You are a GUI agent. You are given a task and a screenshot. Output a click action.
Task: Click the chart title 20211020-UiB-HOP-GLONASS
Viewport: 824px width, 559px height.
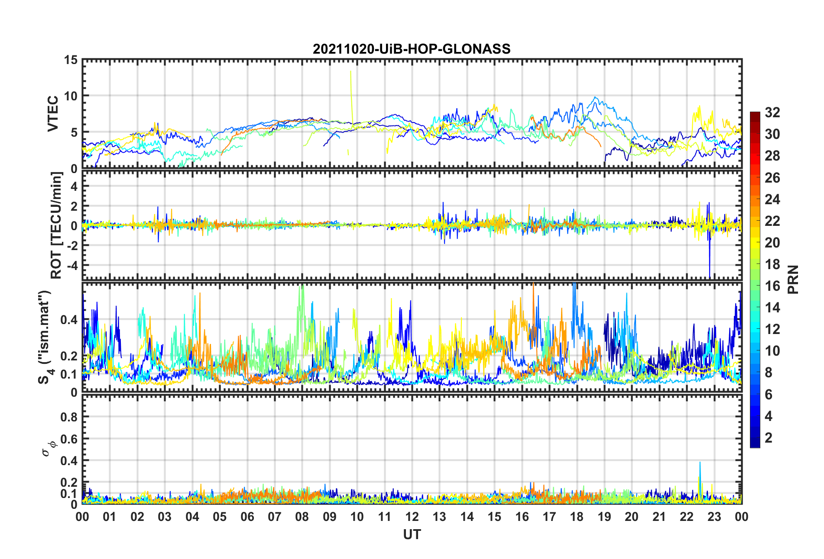coord(412,49)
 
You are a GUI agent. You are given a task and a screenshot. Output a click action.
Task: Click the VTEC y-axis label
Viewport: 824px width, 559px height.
coord(53,114)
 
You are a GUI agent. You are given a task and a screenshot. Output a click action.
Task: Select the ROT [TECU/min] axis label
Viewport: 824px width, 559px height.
coord(56,225)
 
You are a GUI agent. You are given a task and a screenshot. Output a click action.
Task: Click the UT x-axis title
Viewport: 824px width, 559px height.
coord(412,535)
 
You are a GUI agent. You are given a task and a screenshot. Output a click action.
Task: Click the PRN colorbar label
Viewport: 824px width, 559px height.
coord(793,279)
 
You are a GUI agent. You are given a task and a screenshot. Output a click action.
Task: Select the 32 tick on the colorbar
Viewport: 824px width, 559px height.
coord(772,112)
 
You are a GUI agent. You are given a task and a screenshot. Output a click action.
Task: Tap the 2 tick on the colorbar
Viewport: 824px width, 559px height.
coord(769,437)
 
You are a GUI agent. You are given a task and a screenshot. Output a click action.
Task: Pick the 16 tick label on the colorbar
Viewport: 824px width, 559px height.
coord(772,286)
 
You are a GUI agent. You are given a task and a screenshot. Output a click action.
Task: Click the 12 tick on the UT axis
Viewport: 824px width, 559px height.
coord(412,517)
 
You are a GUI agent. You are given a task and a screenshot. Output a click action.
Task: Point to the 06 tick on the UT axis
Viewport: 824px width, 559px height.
coord(247,517)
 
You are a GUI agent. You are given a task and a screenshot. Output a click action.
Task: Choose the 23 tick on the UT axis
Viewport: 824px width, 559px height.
coord(714,517)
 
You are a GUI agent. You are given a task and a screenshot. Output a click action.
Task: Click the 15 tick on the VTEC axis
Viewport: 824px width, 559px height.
coord(71,60)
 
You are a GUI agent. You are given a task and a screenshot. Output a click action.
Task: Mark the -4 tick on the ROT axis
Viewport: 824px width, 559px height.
coord(72,264)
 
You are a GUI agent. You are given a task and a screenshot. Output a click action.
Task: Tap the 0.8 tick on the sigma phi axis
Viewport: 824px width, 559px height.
coord(69,417)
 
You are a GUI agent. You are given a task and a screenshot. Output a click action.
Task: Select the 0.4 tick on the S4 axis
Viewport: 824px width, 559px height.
coord(69,320)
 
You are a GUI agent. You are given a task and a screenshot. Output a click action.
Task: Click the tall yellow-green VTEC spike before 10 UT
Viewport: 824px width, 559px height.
coord(351,87)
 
